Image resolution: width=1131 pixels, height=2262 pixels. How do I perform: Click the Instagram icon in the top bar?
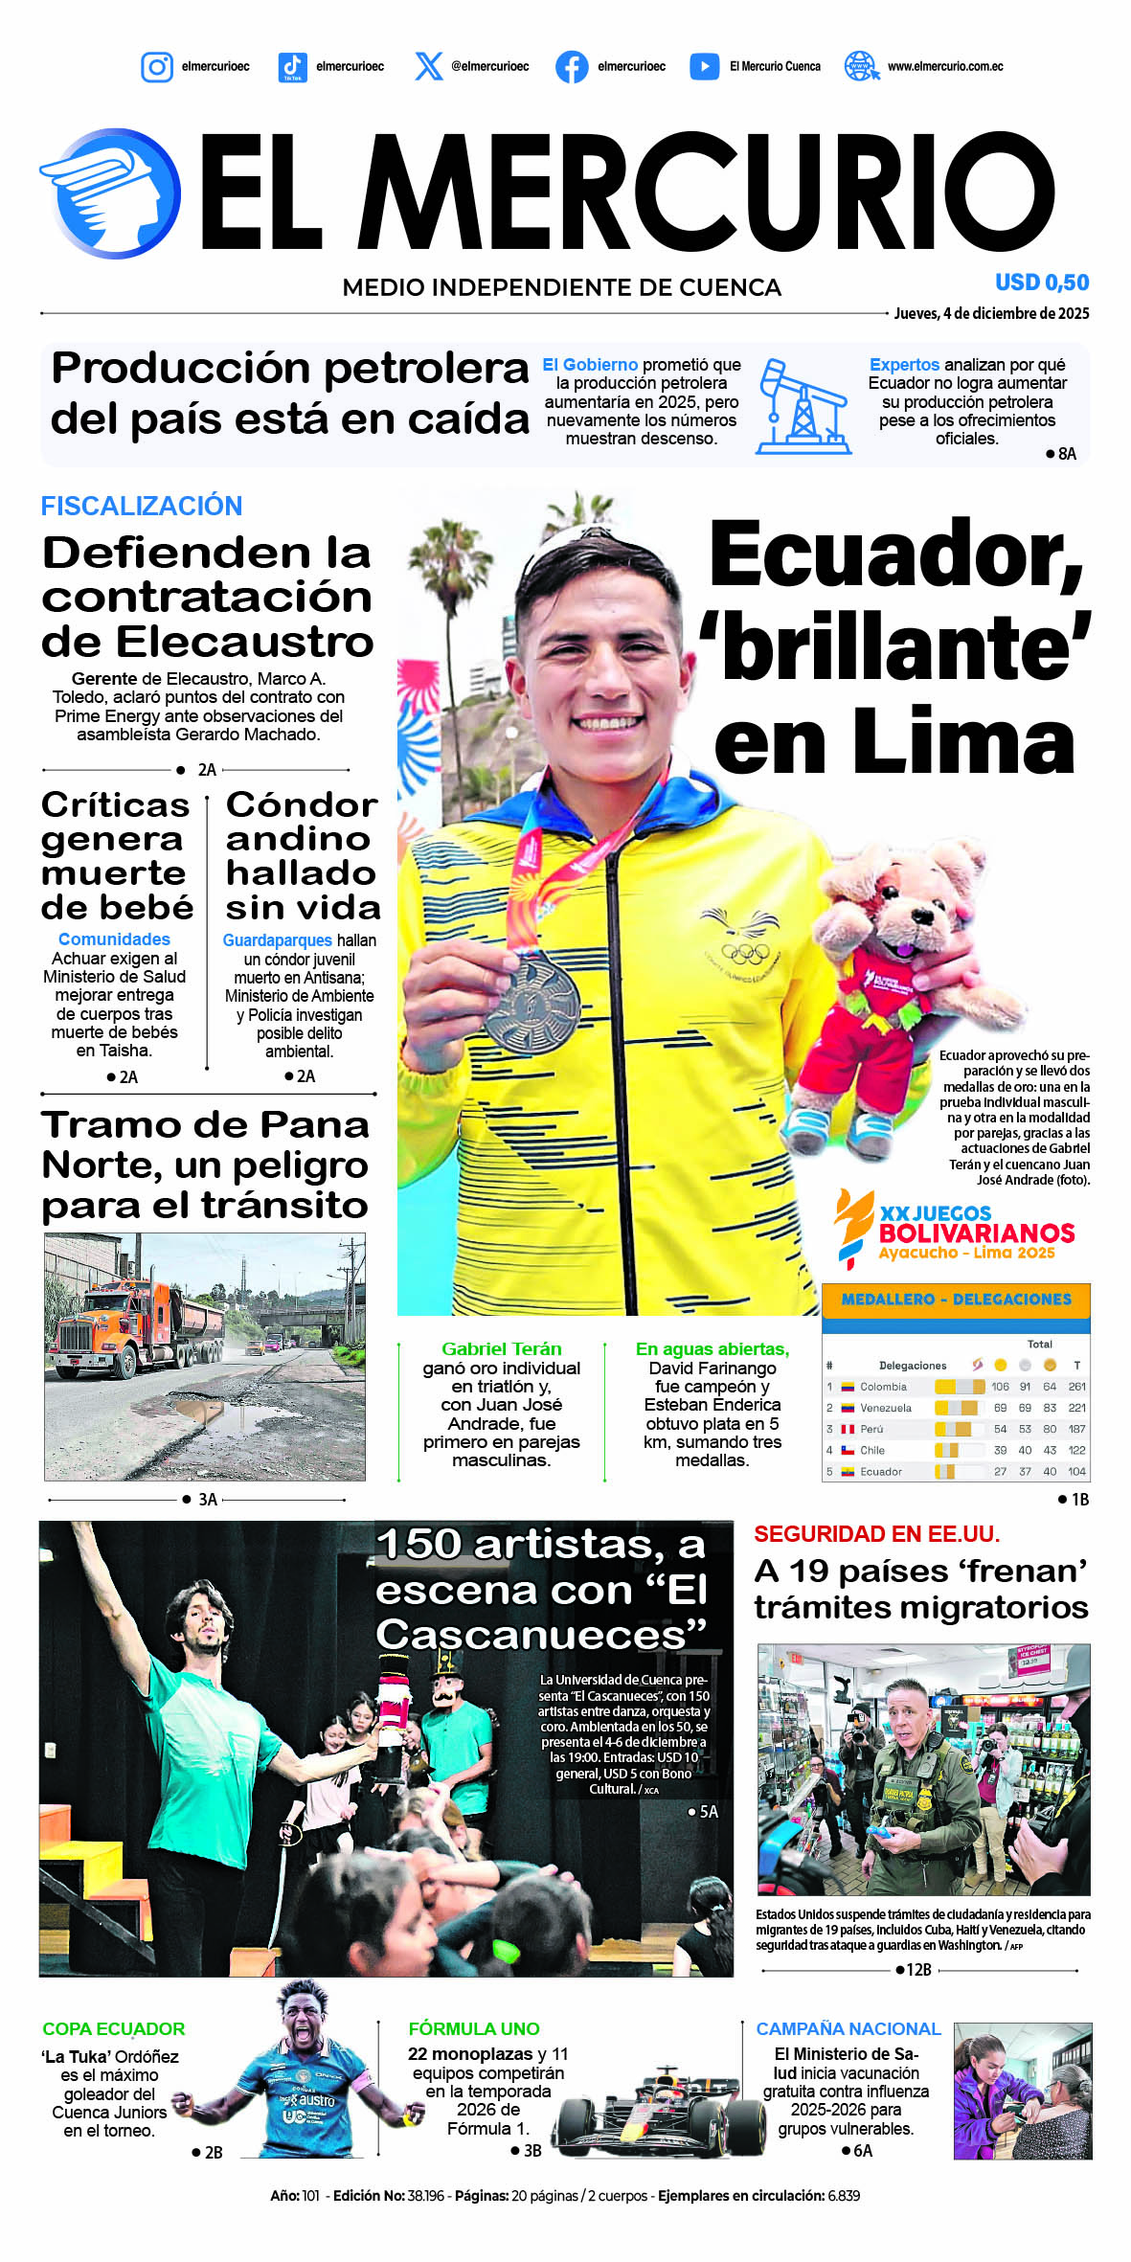157,67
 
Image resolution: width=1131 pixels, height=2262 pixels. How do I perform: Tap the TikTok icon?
292,67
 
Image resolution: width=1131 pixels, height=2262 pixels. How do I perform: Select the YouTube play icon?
704,67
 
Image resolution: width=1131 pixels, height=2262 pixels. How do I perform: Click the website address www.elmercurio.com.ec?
945,67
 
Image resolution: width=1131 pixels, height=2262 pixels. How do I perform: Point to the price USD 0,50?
1042,283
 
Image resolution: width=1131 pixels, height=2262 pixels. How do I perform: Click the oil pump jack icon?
802,407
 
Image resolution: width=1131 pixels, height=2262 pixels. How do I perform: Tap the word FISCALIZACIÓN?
142,506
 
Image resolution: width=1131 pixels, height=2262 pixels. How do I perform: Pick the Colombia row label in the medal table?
882,1387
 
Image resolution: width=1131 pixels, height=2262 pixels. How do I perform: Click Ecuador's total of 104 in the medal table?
1076,1471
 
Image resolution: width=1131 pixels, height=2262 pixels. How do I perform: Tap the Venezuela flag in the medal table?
848,1408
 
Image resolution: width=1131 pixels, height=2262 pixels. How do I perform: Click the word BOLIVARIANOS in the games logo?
976,1233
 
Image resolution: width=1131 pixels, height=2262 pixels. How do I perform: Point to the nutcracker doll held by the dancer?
393,1714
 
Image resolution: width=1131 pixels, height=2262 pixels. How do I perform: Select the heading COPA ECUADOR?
114,2028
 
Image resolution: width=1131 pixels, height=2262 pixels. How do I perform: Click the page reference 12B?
918,1970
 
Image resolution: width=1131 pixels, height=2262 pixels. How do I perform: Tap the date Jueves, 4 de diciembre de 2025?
991,313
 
